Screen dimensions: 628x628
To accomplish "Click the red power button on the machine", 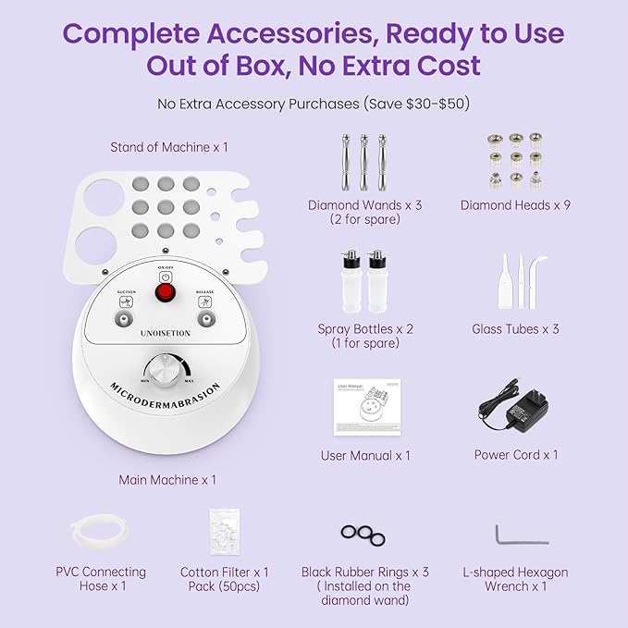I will [166, 293].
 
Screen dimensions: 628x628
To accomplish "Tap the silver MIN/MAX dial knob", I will [166, 372].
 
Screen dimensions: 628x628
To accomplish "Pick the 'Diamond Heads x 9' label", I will [515, 204].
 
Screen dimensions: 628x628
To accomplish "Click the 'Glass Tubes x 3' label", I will [515, 328].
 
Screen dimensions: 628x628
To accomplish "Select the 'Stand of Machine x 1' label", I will [168, 147].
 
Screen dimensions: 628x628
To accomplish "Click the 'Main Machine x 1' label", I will [167, 480].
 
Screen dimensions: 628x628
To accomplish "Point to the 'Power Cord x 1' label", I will [515, 454].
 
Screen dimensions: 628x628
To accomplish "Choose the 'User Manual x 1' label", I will [365, 455].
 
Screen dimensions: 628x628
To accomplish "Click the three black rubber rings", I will [365, 534].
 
